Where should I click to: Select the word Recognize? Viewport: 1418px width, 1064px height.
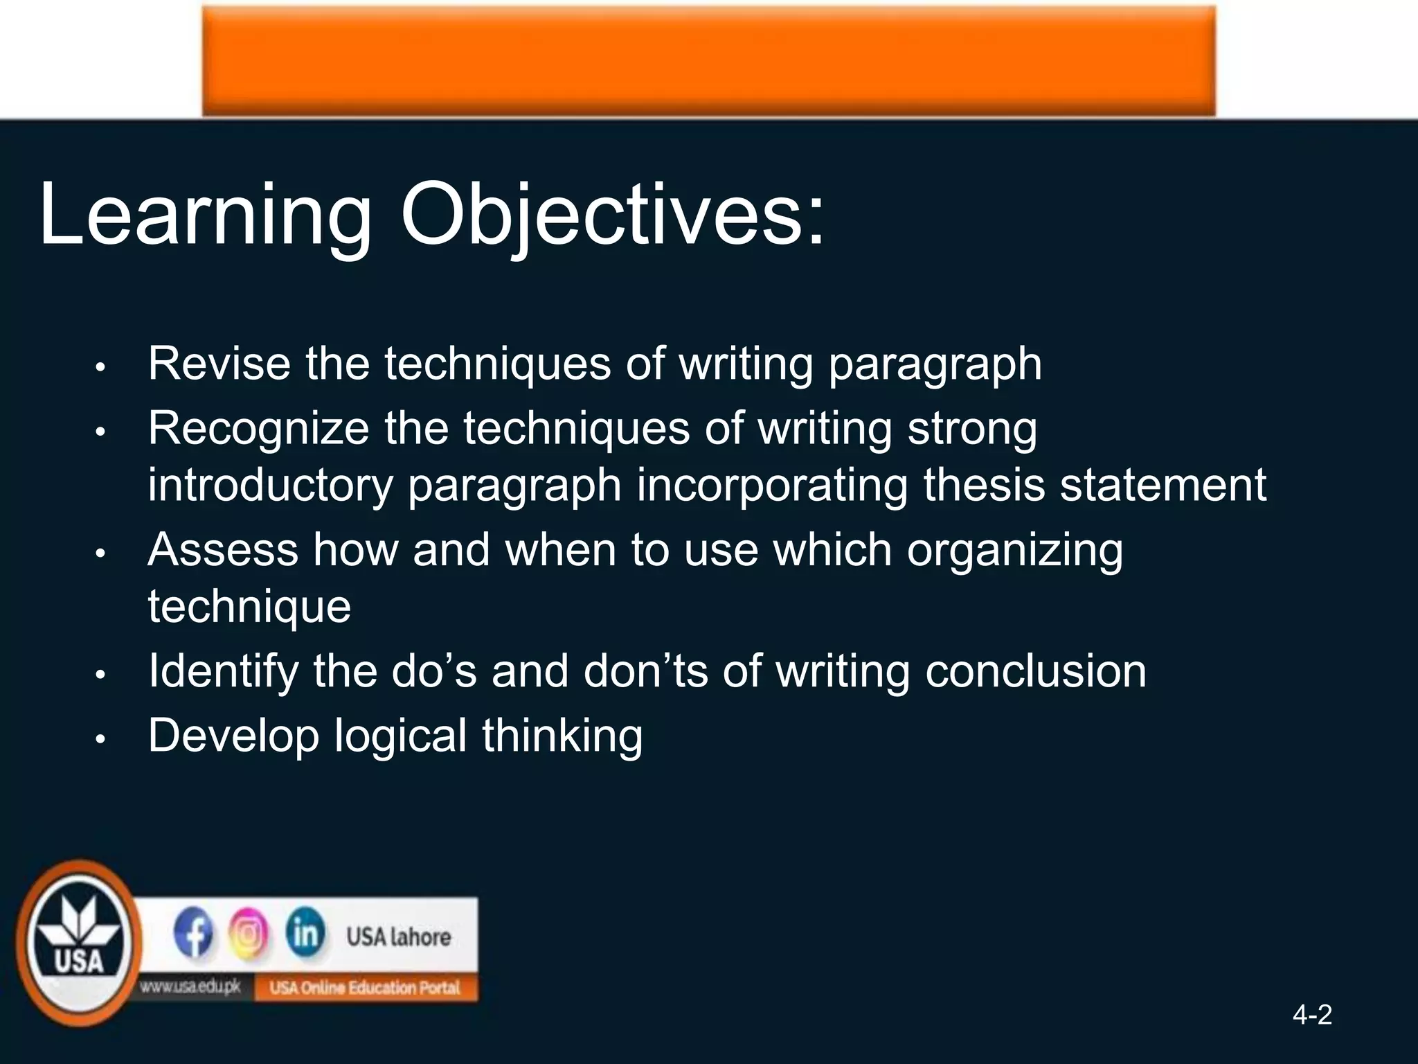tap(258, 428)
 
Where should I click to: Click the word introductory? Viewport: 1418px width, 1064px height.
tap(270, 485)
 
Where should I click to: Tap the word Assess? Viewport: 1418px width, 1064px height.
tap(222, 550)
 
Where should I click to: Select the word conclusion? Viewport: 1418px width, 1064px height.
tap(1035, 671)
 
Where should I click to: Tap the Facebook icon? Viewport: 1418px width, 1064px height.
tap(193, 934)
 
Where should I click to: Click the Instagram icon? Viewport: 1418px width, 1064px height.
tap(249, 934)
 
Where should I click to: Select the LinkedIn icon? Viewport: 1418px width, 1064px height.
tap(305, 933)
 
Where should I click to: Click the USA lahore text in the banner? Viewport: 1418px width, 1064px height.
tap(398, 937)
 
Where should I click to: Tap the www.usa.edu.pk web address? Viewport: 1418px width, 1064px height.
tap(190, 987)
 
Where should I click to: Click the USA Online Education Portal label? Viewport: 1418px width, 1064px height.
tap(364, 988)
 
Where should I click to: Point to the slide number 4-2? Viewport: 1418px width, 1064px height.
tap(1312, 1016)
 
